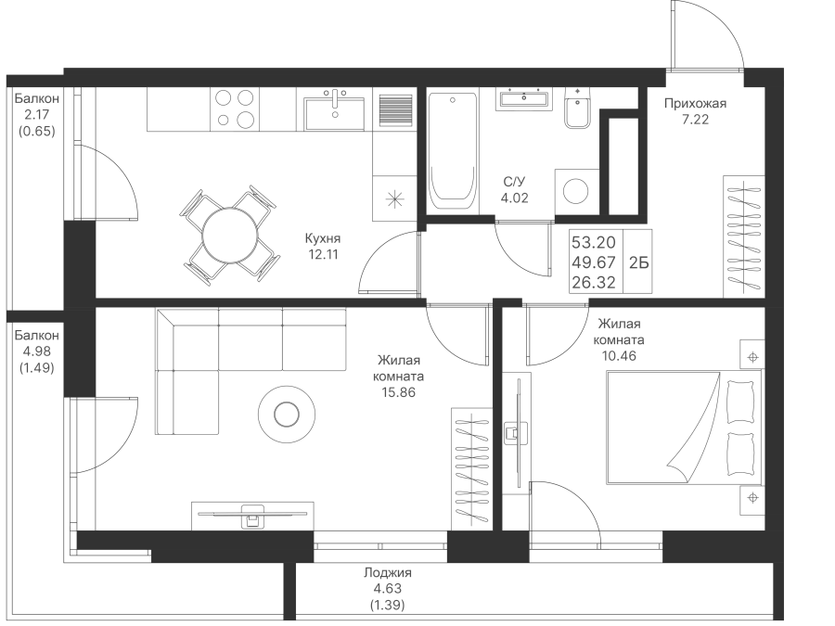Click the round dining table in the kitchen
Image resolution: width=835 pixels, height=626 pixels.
tap(229, 235)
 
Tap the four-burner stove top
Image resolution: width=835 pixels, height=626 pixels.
tap(235, 109)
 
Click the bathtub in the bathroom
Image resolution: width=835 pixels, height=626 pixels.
tap(452, 150)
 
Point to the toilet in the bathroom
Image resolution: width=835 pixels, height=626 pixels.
tap(577, 109)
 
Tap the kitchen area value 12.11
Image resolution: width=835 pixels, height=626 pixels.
tap(323, 254)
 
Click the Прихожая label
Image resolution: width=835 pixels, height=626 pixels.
tap(695, 103)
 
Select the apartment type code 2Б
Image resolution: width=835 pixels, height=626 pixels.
tap(639, 263)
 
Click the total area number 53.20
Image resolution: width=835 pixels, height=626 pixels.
tap(593, 243)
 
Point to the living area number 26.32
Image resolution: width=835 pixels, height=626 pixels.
tap(593, 283)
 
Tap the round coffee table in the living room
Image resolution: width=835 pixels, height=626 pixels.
tap(287, 413)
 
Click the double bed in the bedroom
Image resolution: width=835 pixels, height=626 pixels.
tap(685, 428)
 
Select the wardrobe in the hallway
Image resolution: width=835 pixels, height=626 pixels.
tap(744, 236)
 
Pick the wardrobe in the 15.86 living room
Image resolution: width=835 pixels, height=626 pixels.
tap(471, 469)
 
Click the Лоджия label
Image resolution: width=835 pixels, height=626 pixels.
tap(388, 573)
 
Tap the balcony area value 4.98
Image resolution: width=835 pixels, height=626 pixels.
tap(37, 351)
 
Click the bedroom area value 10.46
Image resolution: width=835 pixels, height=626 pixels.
tap(619, 355)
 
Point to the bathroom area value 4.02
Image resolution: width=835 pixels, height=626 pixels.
tap(514, 198)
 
